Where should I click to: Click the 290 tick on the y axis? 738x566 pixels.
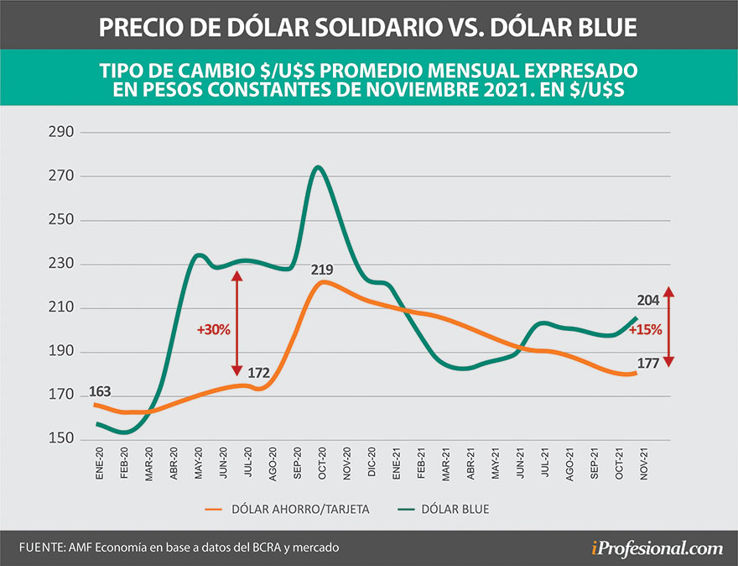(x=61, y=133)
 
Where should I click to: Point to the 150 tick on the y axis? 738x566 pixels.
(x=61, y=439)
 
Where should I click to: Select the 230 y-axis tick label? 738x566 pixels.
(x=61, y=264)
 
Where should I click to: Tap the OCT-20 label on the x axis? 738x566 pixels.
(x=322, y=466)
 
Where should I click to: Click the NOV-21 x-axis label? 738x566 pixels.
(x=644, y=466)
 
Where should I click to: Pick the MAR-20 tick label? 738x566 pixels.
(x=149, y=466)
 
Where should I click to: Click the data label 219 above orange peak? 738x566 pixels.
(x=323, y=270)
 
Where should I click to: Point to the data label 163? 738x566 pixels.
(x=100, y=390)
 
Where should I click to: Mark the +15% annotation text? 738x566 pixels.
(x=646, y=329)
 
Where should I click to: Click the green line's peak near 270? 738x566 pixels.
(x=317, y=167)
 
